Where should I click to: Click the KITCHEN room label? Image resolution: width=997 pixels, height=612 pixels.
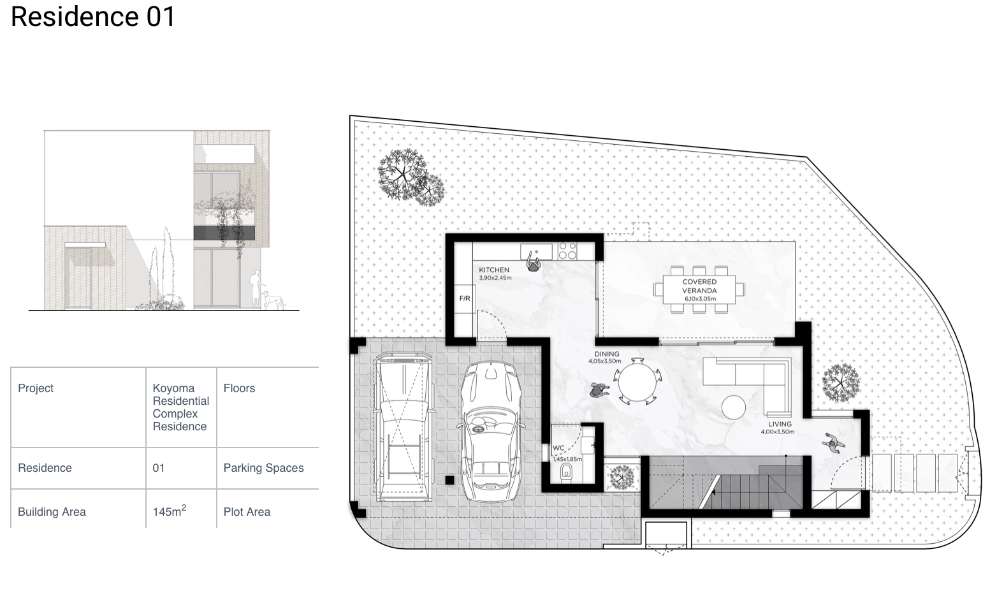coord(494,270)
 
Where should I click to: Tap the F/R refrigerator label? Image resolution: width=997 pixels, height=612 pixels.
coord(465,298)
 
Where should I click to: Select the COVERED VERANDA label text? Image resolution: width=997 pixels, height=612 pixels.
coord(699,286)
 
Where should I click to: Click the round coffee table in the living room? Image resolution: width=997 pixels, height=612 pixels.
coord(734,407)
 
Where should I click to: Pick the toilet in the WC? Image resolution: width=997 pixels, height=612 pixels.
coord(566,472)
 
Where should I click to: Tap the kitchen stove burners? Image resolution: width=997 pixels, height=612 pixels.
coord(567,251)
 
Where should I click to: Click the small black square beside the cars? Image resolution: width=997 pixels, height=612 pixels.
coord(449,480)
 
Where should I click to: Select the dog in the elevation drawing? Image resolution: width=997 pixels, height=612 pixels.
coord(272,300)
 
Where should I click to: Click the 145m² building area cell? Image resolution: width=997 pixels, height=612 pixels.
coord(170,511)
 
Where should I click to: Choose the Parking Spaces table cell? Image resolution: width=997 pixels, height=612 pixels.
coord(263,468)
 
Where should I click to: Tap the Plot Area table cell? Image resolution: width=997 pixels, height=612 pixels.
coord(247,512)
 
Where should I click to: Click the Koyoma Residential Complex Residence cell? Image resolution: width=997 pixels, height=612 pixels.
coord(180,407)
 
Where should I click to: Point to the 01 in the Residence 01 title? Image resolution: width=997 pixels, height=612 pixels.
coord(161,17)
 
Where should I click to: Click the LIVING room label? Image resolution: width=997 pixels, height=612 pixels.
coord(780,424)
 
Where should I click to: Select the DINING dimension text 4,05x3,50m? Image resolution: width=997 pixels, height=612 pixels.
coord(605,361)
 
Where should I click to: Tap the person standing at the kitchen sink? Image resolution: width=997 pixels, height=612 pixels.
coord(533,262)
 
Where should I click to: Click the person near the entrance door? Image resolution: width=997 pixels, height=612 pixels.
coord(833,443)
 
